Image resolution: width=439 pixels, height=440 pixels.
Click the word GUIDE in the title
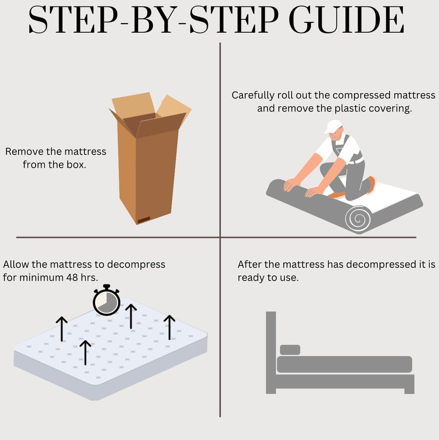click(x=346, y=20)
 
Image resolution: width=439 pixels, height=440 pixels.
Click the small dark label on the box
click(x=144, y=220)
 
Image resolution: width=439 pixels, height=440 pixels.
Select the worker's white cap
click(x=333, y=126)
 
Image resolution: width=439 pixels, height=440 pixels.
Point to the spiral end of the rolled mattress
click(x=359, y=219)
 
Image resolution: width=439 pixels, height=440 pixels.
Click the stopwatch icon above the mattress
click(x=107, y=300)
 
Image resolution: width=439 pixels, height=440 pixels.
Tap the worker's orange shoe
click(x=371, y=185)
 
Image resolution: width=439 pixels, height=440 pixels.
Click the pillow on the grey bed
click(x=290, y=350)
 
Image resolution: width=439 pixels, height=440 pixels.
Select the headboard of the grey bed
click(x=271, y=352)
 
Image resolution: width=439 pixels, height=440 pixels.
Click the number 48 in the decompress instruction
click(x=72, y=278)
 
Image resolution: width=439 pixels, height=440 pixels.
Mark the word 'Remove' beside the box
click(x=25, y=152)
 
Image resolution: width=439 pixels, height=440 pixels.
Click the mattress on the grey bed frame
click(x=344, y=364)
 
